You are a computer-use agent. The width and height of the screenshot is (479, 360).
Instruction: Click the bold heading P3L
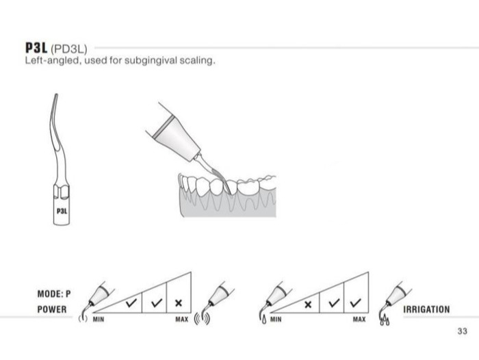point(36,48)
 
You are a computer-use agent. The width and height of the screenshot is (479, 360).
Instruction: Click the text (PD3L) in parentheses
point(69,49)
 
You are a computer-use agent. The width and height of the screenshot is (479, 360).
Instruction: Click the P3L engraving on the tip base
point(62,211)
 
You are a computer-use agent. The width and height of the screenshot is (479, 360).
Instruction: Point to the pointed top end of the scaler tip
point(56,94)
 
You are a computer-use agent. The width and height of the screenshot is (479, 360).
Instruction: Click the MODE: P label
point(54,294)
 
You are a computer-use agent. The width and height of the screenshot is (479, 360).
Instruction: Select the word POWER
point(52,309)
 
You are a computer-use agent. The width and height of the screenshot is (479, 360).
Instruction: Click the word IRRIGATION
point(426,309)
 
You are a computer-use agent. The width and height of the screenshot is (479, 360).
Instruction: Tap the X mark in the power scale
point(179,303)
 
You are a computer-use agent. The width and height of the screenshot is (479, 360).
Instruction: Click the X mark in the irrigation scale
point(308,305)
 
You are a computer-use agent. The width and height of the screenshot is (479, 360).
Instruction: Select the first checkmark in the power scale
point(131,303)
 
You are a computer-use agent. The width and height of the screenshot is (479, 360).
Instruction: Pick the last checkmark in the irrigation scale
point(356,303)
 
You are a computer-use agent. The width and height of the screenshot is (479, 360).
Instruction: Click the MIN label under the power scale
point(99,320)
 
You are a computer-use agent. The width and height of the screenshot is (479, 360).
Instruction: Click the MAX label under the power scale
point(182,320)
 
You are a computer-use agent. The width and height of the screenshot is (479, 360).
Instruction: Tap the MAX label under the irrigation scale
point(359,320)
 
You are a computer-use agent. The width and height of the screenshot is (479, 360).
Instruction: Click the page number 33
point(462,331)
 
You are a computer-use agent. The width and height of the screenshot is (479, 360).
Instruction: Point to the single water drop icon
point(264,320)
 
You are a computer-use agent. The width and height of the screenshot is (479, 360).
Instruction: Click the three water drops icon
point(385,320)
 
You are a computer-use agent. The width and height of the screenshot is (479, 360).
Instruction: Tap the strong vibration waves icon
point(203,318)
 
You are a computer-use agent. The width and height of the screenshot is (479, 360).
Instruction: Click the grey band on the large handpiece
point(164,127)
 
